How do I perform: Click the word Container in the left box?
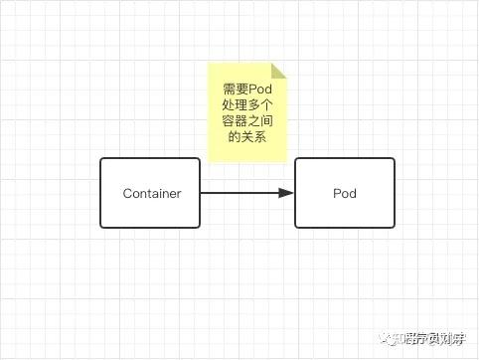(x=151, y=193)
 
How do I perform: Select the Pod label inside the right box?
(x=344, y=193)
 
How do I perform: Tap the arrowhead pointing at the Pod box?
(x=287, y=193)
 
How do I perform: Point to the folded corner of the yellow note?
(x=278, y=71)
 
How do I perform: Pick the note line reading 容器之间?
(x=246, y=121)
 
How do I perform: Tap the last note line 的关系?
(x=246, y=137)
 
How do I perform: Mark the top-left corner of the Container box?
(x=101, y=159)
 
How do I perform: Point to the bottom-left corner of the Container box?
(x=101, y=227)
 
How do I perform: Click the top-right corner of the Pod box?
(x=394, y=159)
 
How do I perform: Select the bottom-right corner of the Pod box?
(x=394, y=227)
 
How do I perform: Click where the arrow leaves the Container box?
(x=200, y=193)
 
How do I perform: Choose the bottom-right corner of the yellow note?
(x=285, y=161)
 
